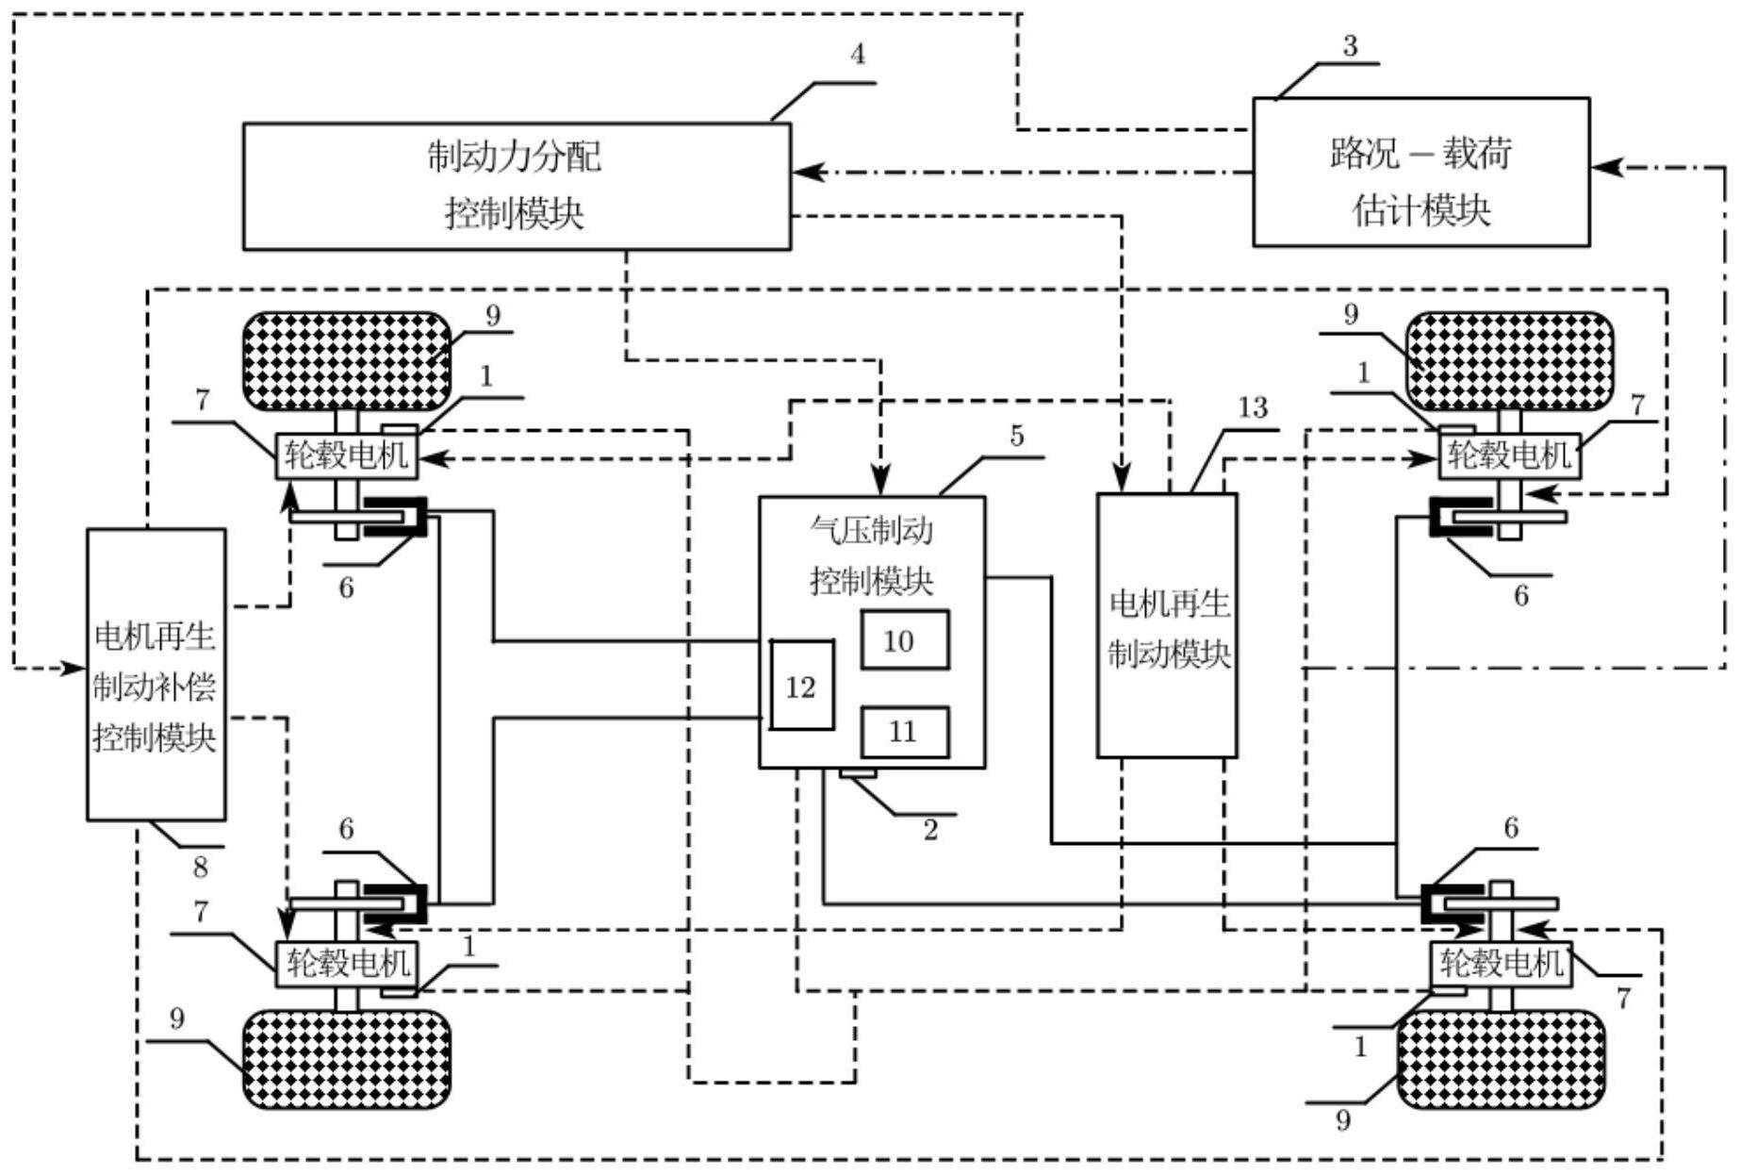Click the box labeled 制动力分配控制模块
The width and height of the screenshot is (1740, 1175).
(517, 186)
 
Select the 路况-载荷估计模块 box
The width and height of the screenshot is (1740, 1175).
(1420, 173)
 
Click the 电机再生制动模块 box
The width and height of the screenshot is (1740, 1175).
(1167, 625)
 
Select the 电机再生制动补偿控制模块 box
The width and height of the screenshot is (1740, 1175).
(156, 674)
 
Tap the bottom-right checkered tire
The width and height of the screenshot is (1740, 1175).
(1501, 1059)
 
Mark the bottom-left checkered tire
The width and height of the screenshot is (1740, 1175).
(347, 1059)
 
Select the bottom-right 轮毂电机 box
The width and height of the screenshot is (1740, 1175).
(1501, 964)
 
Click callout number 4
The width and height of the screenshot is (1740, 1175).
(857, 55)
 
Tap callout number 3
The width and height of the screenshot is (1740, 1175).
(1350, 46)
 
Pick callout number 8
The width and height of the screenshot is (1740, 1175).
(200, 867)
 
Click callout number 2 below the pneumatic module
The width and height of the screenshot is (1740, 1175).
(930, 831)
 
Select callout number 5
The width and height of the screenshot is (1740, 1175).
(1016, 437)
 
